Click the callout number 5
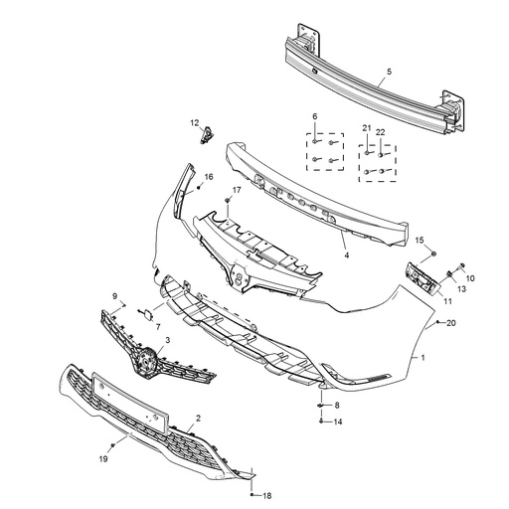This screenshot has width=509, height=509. click(388, 72)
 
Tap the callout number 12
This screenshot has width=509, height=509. click(196, 122)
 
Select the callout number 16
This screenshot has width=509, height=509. click(209, 178)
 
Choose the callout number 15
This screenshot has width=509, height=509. click(420, 241)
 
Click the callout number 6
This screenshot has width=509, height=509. click(314, 117)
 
